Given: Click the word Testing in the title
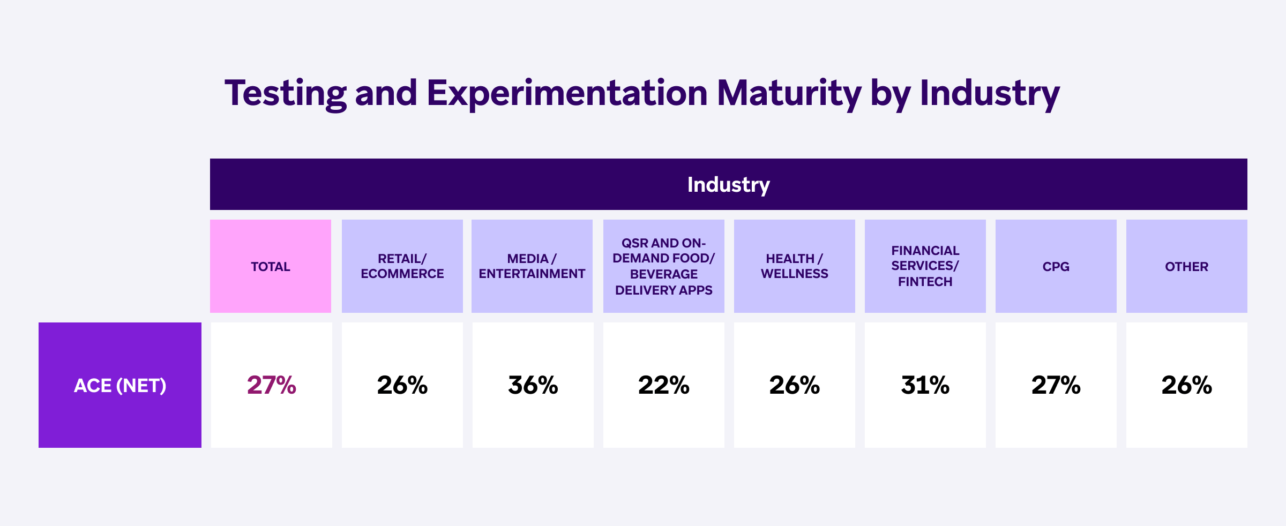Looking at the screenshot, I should click(x=285, y=94).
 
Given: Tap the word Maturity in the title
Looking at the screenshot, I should click(x=789, y=94).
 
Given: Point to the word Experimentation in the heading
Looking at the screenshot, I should click(x=567, y=94).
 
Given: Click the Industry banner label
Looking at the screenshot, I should click(x=728, y=184).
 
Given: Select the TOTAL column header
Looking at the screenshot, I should click(x=271, y=266).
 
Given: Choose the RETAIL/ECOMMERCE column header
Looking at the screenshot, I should click(x=402, y=266).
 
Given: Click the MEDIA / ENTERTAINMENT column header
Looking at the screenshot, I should click(x=532, y=266).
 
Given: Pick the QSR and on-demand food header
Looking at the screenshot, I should click(x=663, y=266).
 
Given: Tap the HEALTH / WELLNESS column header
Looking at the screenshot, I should click(x=794, y=266).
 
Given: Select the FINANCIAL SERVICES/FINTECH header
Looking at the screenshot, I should click(x=925, y=266).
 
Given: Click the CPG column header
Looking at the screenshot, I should click(x=1056, y=266).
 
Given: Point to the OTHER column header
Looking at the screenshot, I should click(x=1186, y=266).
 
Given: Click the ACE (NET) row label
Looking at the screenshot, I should click(x=120, y=385).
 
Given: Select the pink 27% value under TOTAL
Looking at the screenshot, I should click(x=271, y=385).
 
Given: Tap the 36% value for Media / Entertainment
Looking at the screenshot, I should click(x=533, y=385).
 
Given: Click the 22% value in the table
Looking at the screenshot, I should click(x=663, y=385).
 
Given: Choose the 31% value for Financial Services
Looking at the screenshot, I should click(x=925, y=385).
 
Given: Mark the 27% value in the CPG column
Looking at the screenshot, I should click(x=1056, y=385).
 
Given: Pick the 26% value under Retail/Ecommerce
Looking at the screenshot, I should click(x=402, y=385).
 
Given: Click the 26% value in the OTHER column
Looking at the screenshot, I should click(x=1186, y=385).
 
